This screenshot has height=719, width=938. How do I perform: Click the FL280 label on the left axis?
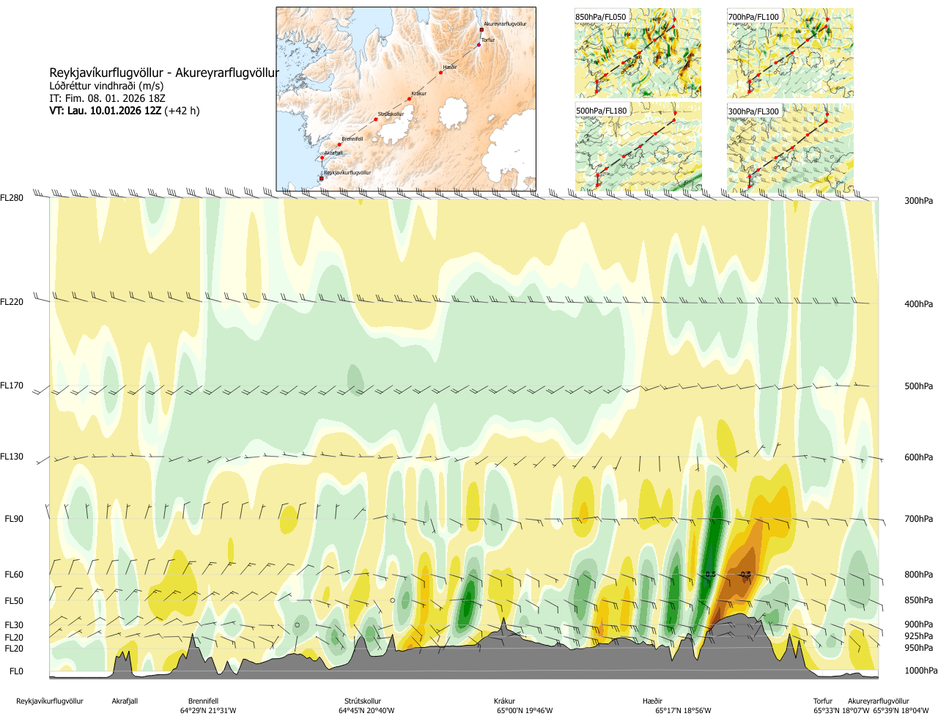pyautogui.click(x=12, y=198)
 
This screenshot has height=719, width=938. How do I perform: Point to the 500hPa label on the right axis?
pyautogui.click(x=918, y=386)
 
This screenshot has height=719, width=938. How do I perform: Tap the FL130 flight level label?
pyautogui.click(x=12, y=457)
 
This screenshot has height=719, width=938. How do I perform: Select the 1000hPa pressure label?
pyautogui.click(x=920, y=671)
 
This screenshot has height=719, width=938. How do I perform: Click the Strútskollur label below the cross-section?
pyautogui.click(x=363, y=701)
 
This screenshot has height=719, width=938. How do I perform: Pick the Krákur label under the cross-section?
pyautogui.click(x=504, y=701)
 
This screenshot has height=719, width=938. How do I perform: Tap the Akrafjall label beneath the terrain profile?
pyautogui.click(x=125, y=701)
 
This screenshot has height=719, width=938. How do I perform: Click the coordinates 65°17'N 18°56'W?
pyautogui.click(x=683, y=711)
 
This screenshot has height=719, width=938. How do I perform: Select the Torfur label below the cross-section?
pyautogui.click(x=823, y=701)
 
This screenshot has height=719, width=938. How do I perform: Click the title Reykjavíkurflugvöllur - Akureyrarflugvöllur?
pyautogui.click(x=164, y=73)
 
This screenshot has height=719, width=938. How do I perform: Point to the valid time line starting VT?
pyautogui.click(x=125, y=111)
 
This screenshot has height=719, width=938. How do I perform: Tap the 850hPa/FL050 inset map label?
pyautogui.click(x=601, y=17)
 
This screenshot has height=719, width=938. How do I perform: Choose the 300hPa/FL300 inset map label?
pyautogui.click(x=753, y=111)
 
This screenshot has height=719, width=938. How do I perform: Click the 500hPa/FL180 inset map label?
pyautogui.click(x=602, y=111)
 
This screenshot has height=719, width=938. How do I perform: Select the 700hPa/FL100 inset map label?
pyautogui.click(x=753, y=17)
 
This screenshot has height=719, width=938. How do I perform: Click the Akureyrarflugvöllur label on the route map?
pyautogui.click(x=505, y=24)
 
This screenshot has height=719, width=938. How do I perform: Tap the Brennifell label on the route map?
pyautogui.click(x=352, y=139)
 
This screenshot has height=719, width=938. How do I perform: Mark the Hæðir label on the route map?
pyautogui.click(x=450, y=67)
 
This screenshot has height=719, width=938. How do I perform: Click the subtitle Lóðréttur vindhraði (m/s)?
pyautogui.click(x=106, y=86)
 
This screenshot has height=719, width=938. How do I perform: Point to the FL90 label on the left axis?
pyautogui.click(x=14, y=519)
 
